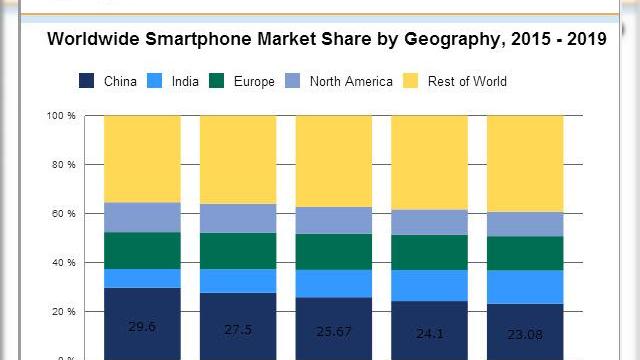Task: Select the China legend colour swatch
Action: click(x=87, y=81)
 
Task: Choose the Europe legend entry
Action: click(x=254, y=81)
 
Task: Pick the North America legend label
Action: click(x=351, y=81)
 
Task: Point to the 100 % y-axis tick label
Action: click(x=61, y=116)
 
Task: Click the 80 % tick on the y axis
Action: click(x=64, y=165)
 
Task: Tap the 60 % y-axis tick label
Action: click(x=64, y=214)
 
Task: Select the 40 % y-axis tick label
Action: click(x=64, y=263)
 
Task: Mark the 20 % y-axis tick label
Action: click(x=64, y=312)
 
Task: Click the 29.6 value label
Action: click(x=142, y=326)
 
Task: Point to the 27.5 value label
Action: click(x=238, y=327)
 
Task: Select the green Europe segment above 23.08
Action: click(x=526, y=253)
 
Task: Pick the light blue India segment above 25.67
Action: click(x=334, y=284)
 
